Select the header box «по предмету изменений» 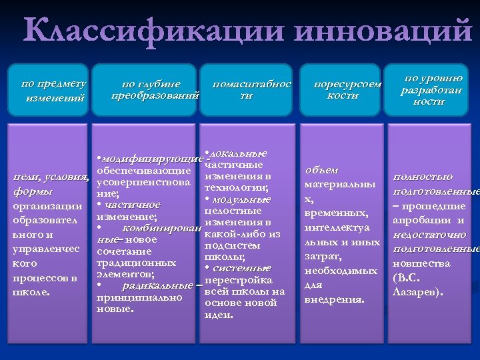coord(54,91)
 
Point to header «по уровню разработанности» coord(429,90)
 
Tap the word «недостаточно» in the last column coord(430,235)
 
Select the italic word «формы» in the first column coord(33,192)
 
